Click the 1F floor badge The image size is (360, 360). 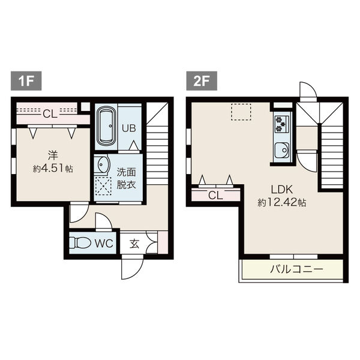tap(26, 81)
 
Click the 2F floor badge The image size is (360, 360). tap(202, 81)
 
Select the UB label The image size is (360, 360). tap(129, 128)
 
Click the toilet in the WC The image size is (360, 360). tap(80, 242)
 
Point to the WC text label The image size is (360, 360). tap(104, 244)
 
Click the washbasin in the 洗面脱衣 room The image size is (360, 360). tap(101, 164)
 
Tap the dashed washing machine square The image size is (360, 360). tap(103, 186)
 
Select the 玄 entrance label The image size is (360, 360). tap(134, 244)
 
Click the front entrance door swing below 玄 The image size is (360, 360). tap(133, 269)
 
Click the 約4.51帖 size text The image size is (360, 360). tap(53, 169)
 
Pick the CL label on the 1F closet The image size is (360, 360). tap(50, 113)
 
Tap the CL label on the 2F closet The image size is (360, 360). tap(215, 196)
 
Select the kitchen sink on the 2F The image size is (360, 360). tap(282, 151)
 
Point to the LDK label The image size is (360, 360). tap(282, 190)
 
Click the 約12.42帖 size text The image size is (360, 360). tap(282, 203)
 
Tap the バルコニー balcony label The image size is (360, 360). tap(296, 269)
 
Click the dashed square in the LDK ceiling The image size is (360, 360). tap(241, 112)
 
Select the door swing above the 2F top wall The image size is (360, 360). tap(308, 90)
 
